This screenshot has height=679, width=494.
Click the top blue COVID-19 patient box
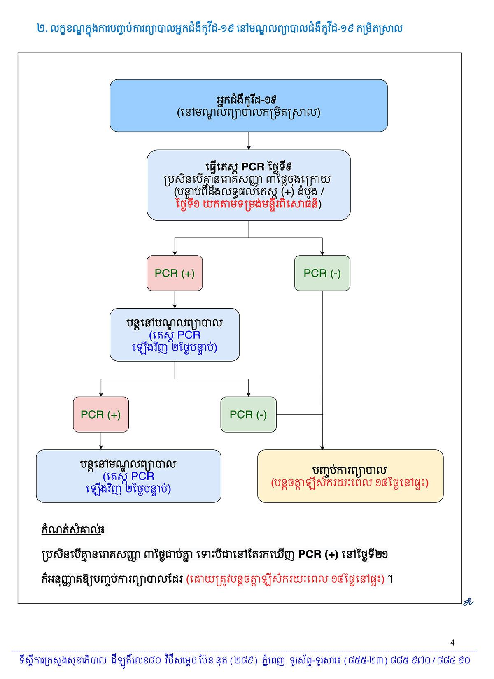[x=248, y=105]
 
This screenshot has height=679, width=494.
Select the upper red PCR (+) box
[x=175, y=273]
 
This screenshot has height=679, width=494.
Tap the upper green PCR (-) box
[x=322, y=273]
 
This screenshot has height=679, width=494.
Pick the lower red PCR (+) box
[x=101, y=414]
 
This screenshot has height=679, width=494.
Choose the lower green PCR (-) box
[x=248, y=414]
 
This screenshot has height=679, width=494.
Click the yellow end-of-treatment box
[x=350, y=476]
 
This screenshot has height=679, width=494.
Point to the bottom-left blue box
[x=128, y=476]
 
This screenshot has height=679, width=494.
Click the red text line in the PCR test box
[x=248, y=204]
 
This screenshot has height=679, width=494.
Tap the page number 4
[x=453, y=643]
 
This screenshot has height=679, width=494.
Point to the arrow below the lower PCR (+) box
[x=101, y=441]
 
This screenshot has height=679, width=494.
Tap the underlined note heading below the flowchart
[x=73, y=530]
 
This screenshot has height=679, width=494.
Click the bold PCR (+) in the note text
[x=318, y=554]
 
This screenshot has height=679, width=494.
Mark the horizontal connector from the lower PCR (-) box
[x=299, y=414]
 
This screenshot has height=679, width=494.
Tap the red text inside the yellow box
[x=350, y=483]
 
